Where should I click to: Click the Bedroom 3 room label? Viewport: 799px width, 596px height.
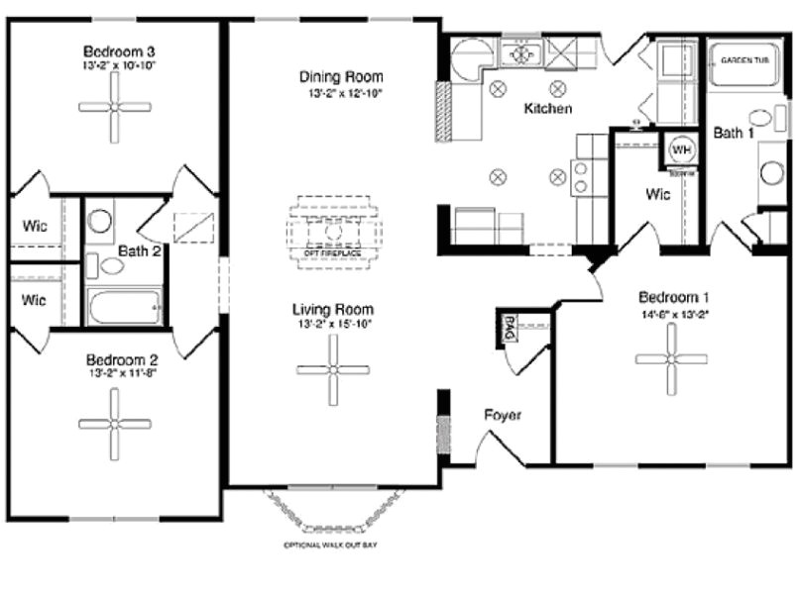tap(118, 50)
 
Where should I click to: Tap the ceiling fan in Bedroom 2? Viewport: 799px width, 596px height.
tap(116, 423)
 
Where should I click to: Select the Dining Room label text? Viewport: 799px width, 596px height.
tap(342, 77)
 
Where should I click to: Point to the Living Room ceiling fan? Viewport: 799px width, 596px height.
tap(333, 369)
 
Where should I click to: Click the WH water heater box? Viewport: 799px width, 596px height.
tap(682, 149)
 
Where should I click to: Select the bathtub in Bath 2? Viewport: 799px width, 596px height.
tap(124, 307)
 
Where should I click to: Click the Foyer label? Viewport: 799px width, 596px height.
tap(503, 415)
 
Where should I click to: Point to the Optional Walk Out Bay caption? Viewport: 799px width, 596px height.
tap(330, 546)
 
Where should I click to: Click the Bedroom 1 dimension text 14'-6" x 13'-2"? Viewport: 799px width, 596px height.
tap(674, 315)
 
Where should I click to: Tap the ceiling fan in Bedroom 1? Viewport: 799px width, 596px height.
tap(671, 359)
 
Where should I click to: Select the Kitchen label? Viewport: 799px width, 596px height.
tap(548, 109)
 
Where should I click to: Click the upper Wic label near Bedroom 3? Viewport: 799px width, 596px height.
tap(35, 226)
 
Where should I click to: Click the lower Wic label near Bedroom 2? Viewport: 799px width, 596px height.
tap(35, 299)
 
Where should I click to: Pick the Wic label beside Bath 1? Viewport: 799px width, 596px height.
tap(658, 194)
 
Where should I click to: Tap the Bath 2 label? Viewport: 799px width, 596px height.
tap(140, 251)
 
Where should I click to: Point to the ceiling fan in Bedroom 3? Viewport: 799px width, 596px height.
tap(115, 106)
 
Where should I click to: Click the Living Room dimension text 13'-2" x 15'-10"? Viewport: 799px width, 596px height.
tap(333, 324)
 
